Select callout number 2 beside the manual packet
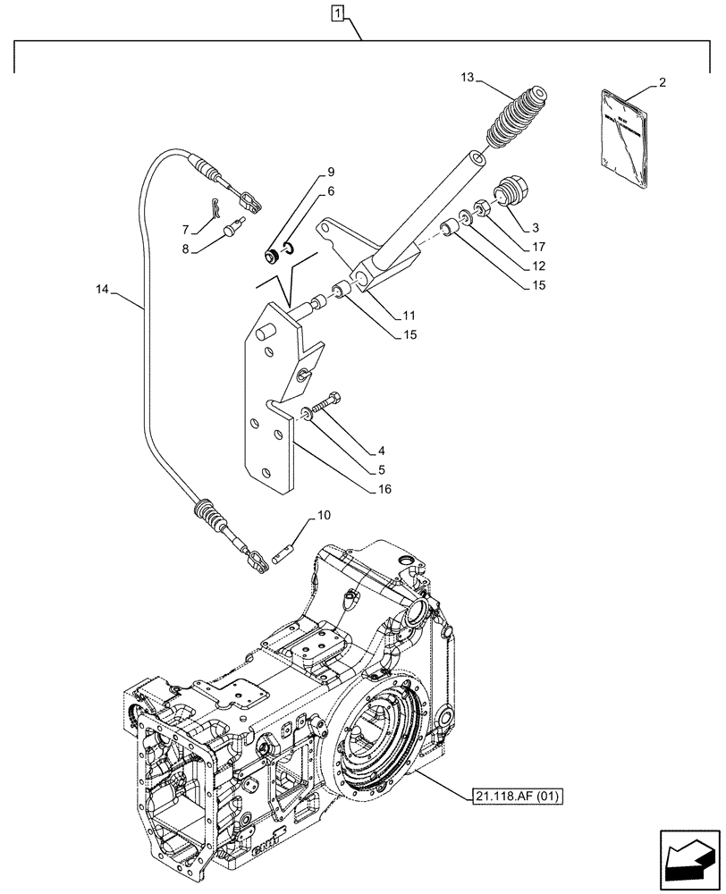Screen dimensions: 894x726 (661, 83)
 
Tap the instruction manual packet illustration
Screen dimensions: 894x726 (622, 143)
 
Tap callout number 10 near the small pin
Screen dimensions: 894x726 (324, 517)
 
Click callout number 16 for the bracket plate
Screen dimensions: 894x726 (384, 489)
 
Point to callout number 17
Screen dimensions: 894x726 (537, 245)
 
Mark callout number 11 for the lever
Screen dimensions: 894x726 (409, 316)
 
